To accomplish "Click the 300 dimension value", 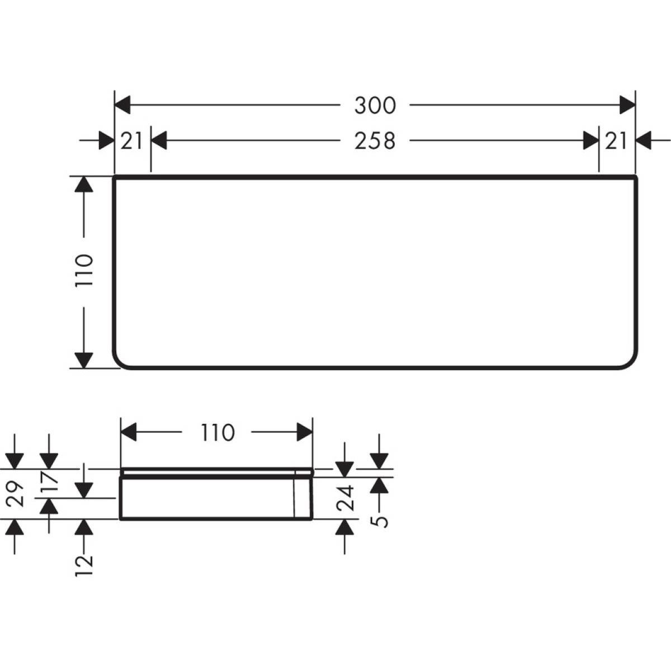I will (x=375, y=105).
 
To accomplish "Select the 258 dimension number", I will (x=375, y=141).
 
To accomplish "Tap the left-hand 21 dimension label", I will (x=132, y=141).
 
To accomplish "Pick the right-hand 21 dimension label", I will (x=616, y=141).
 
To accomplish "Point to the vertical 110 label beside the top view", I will (x=83, y=271).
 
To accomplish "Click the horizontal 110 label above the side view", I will (x=217, y=432).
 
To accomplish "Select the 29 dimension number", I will (x=17, y=494).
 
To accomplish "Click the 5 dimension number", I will (x=380, y=521).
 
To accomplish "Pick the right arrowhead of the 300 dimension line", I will (x=628, y=105).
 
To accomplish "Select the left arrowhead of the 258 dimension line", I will (x=159, y=141).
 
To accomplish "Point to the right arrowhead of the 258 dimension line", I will (x=591, y=141).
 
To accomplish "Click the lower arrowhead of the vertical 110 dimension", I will (x=83, y=361).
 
